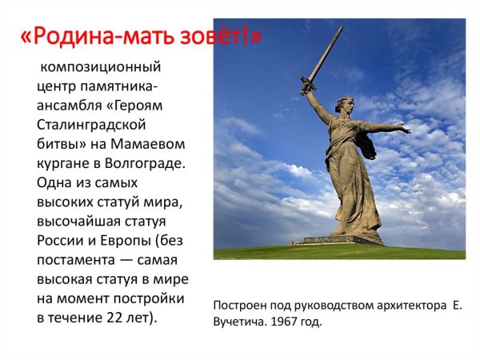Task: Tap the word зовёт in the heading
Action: [215, 38]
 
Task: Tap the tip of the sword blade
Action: [341, 28]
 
